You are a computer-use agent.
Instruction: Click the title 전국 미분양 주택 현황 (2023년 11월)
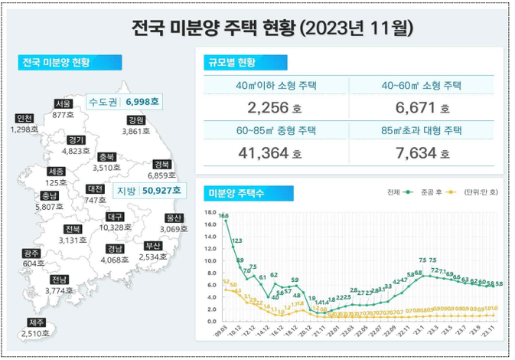272,29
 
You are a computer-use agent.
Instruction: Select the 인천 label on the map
24,119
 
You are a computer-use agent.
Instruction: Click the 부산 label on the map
153,246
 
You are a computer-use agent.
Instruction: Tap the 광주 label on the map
31,254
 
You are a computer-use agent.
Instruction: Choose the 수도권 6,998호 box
124,101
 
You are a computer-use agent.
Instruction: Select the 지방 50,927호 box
148,190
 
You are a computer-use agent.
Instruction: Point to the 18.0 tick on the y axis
212,211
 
